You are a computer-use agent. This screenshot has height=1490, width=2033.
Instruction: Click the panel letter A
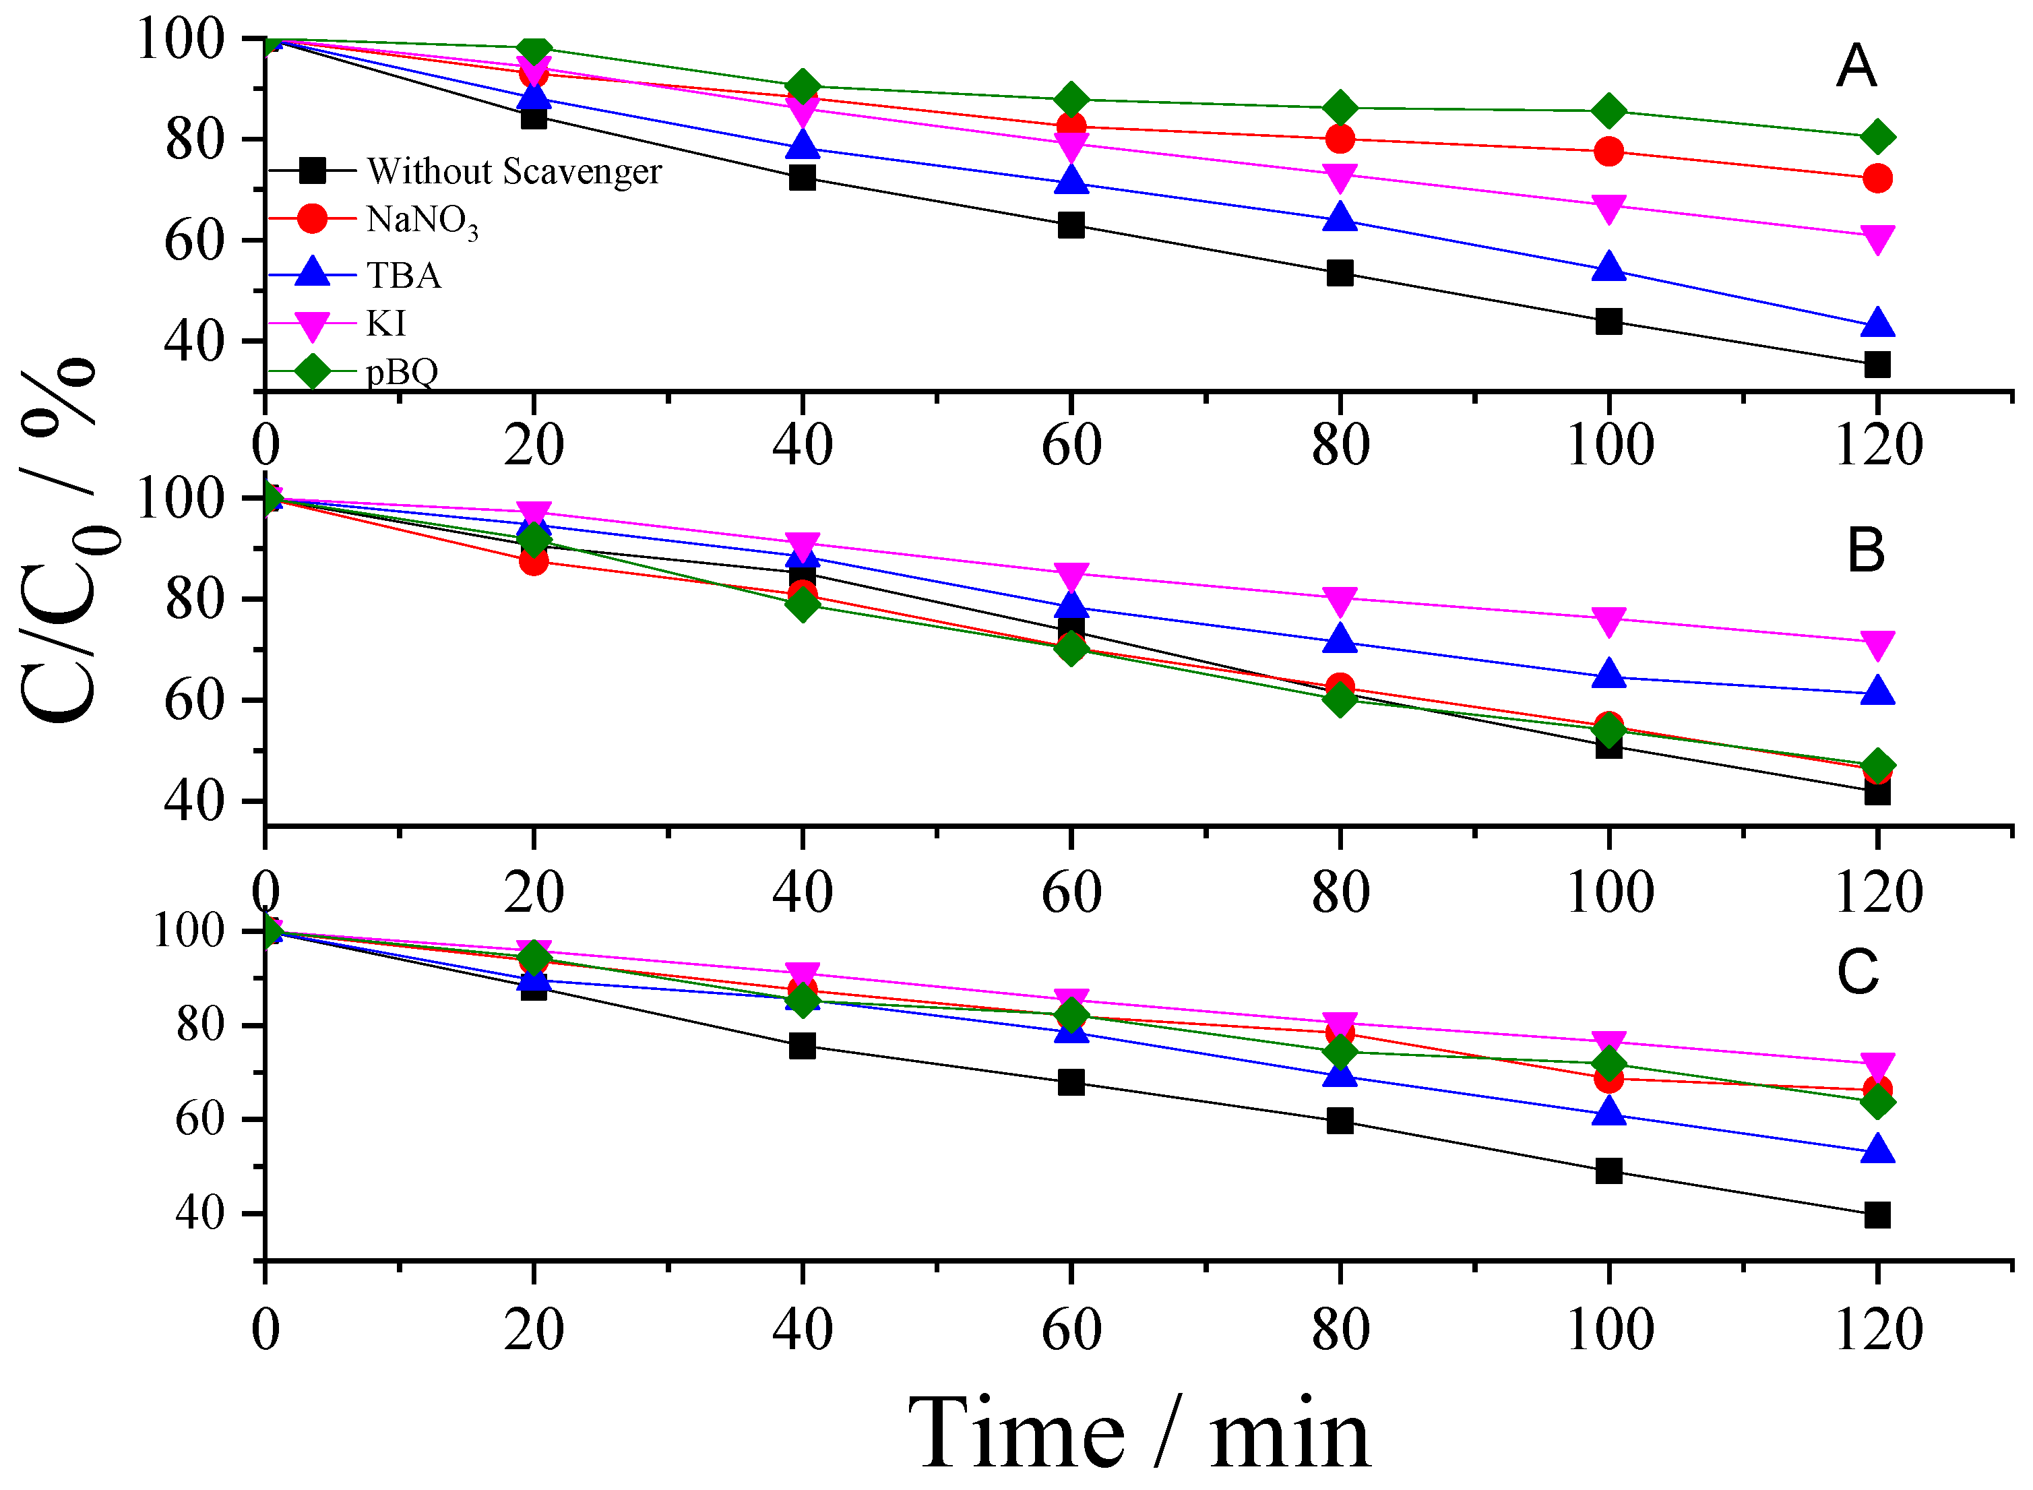[1856, 67]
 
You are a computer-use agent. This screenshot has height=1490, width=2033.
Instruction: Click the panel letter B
[1865, 551]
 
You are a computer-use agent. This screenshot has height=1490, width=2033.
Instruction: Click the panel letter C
[1858, 972]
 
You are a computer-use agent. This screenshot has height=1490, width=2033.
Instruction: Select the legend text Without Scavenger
[514, 170]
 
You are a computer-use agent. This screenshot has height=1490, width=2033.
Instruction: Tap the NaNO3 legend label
[421, 221]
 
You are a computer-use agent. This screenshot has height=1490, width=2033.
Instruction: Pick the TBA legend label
[403, 275]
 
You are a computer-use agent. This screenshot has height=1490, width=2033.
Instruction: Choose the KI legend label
[386, 323]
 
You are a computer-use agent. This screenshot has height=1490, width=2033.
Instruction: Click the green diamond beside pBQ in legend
[312, 371]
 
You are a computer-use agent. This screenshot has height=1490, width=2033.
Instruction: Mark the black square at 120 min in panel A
[1877, 365]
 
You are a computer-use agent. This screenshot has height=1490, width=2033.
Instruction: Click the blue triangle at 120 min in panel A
[1877, 323]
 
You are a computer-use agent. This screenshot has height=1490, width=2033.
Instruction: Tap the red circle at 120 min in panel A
[1877, 179]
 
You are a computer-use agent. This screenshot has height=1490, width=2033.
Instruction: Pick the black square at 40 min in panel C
[802, 1047]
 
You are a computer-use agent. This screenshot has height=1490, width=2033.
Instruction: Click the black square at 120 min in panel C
[1877, 1215]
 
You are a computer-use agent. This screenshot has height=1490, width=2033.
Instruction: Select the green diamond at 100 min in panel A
[1608, 112]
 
